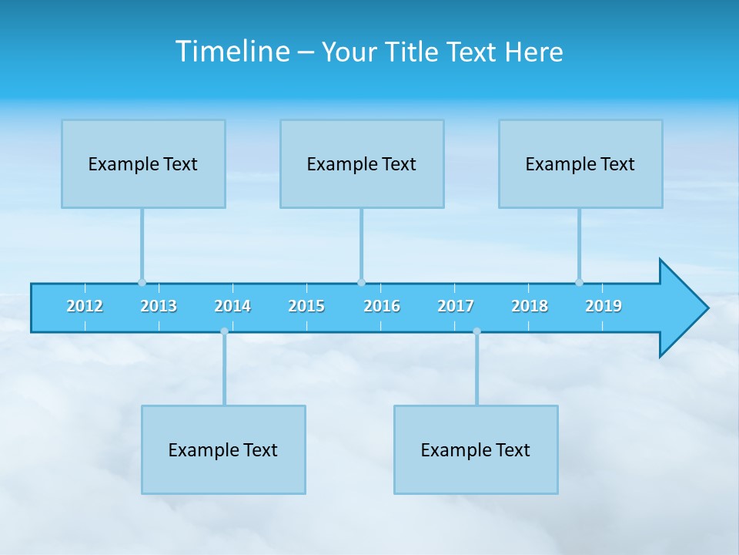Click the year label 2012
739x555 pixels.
coord(85,307)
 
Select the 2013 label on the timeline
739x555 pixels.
coord(159,307)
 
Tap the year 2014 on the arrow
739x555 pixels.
coord(232,307)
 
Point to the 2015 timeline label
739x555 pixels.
coord(306,307)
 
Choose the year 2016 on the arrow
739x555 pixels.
coord(382,307)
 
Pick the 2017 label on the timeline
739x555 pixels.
coord(456,307)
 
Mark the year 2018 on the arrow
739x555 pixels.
coord(530,307)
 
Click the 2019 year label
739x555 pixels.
coord(604,307)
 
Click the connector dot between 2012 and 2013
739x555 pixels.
coord(142,282)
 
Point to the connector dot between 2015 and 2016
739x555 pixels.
coord(361,282)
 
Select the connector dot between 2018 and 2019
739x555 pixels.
coord(579,282)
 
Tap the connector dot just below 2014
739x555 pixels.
coord(224,331)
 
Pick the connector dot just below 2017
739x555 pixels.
coord(477,331)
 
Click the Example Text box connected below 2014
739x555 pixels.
coord(223,450)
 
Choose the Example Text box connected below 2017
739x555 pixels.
coord(476,450)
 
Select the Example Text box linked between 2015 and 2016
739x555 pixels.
coord(362,164)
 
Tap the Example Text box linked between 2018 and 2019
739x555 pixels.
coord(580,164)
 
